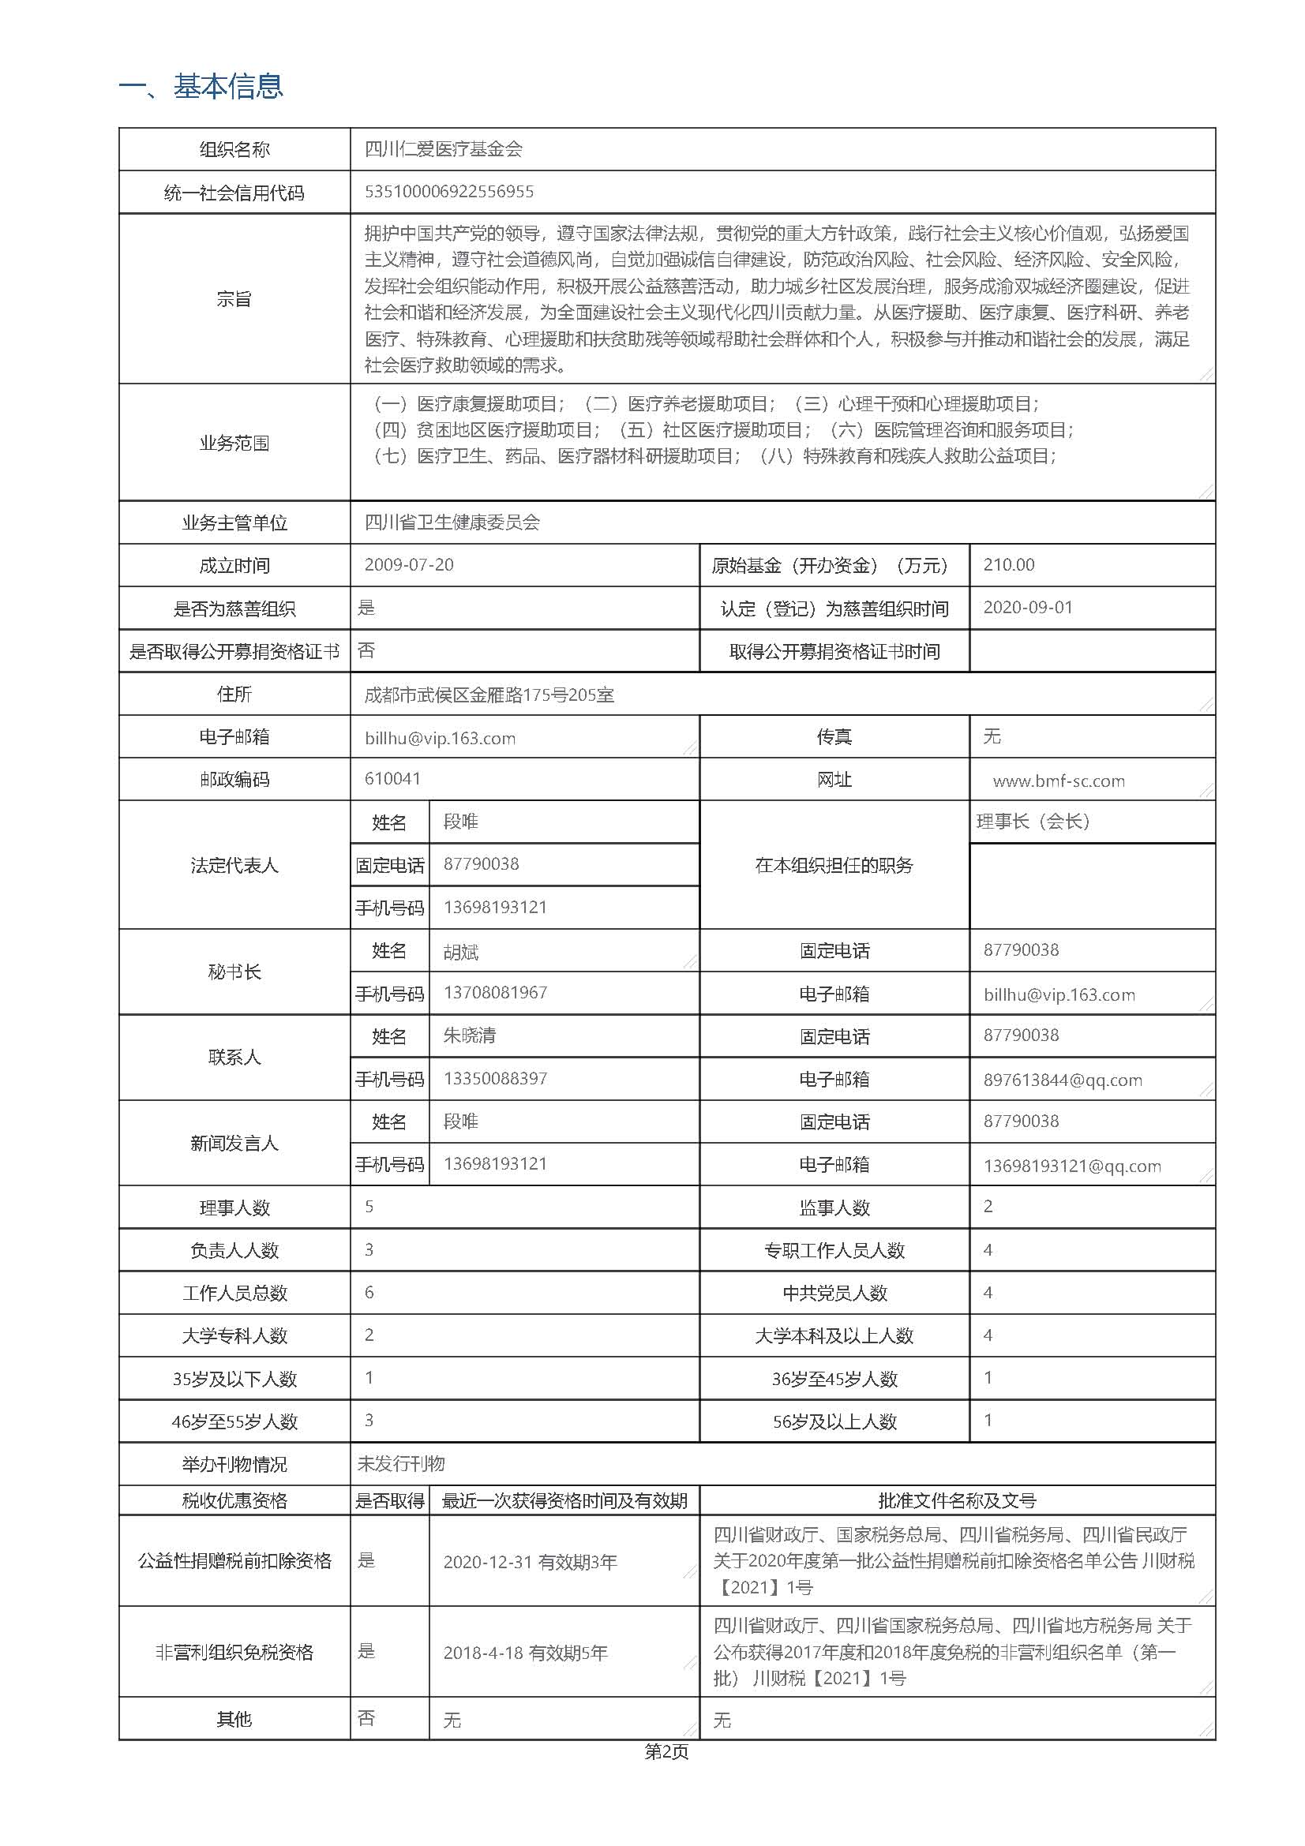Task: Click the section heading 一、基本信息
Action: point(201,86)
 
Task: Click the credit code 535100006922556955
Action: point(448,191)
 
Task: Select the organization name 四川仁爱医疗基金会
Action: point(443,148)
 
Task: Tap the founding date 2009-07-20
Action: point(408,564)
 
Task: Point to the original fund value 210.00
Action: point(1008,564)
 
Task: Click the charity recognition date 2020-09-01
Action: point(1028,607)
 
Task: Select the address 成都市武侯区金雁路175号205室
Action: point(489,695)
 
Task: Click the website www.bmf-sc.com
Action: point(1058,781)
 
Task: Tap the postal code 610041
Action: point(392,778)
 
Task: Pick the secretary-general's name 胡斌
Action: point(461,953)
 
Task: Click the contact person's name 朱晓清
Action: point(470,1035)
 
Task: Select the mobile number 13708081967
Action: point(495,992)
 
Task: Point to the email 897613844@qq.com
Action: point(1062,1080)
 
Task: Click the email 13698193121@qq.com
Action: point(1072,1166)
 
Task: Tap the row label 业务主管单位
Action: point(234,522)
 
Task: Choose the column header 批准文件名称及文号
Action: point(957,1500)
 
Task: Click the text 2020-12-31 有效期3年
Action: point(530,1562)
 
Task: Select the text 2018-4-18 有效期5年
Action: point(525,1653)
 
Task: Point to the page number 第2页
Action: point(666,1751)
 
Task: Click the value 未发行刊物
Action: point(401,1463)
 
